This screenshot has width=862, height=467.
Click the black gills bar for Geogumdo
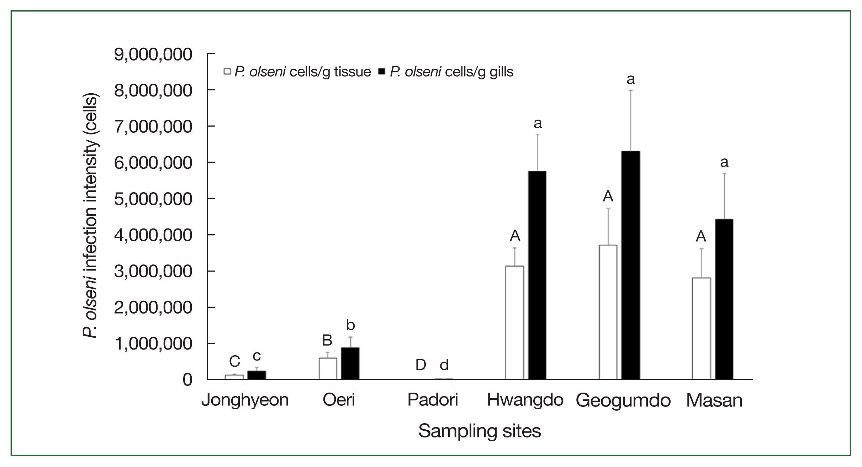[x=630, y=265]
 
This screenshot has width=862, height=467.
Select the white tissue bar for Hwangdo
[x=514, y=322]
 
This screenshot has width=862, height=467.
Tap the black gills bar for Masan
[x=724, y=299]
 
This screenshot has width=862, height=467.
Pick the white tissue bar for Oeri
[x=328, y=368]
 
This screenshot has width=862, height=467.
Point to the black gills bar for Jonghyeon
[x=257, y=375]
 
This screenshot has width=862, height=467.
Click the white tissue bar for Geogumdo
[x=608, y=312]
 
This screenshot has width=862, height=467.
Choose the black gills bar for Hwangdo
[x=537, y=275]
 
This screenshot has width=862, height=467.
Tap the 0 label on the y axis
[x=187, y=380]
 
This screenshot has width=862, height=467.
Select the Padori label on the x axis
[x=433, y=400]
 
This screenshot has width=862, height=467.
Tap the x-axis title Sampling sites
[x=479, y=431]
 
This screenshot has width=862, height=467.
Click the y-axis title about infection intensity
[x=90, y=217]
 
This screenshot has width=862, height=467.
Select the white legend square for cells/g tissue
[x=227, y=72]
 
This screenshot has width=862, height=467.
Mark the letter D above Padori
[x=421, y=364]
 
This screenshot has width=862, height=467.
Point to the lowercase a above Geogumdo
[x=630, y=79]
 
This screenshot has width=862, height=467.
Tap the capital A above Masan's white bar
[x=701, y=236]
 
